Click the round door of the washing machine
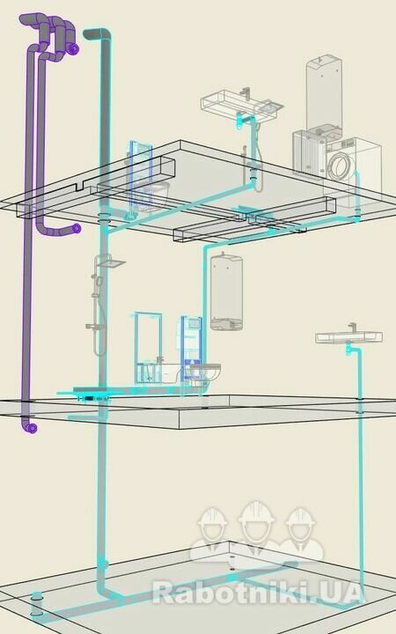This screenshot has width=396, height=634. pyautogui.click(x=341, y=166)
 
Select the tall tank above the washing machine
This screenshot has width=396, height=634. pyautogui.click(x=324, y=93)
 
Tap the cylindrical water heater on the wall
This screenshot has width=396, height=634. pyautogui.click(x=226, y=292)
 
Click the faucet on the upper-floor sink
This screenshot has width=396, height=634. pyautogui.click(x=246, y=92)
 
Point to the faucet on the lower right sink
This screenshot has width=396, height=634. pyautogui.click(x=352, y=328)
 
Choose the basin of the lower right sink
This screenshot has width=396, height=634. pyautogui.click(x=348, y=337)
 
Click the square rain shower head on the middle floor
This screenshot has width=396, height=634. pyautogui.click(x=111, y=263)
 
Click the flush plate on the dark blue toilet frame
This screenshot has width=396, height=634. pyautogui.click(x=194, y=323)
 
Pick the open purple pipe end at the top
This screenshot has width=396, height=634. pyautogui.click(x=74, y=49)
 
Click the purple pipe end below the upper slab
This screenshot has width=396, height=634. pyautogui.click(x=76, y=228)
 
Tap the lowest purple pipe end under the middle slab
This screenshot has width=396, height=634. pyautogui.click(x=33, y=428)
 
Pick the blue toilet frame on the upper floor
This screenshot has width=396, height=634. pyautogui.click(x=140, y=176)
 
